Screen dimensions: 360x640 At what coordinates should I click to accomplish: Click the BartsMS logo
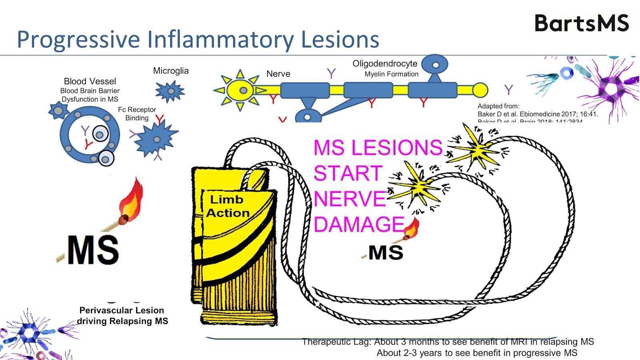(x=582, y=23)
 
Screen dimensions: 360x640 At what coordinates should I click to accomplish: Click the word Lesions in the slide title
(x=340, y=40)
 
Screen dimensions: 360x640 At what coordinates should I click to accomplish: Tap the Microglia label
(x=171, y=71)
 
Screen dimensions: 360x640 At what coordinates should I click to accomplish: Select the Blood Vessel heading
(x=90, y=81)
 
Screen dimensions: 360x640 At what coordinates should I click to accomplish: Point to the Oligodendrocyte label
(x=385, y=64)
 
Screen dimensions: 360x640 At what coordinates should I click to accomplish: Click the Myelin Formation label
(x=391, y=74)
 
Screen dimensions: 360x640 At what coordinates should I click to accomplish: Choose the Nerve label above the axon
(x=278, y=74)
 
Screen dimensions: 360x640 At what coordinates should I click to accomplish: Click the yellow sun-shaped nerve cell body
(x=240, y=90)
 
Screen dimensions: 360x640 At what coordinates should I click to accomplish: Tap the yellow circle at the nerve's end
(x=480, y=90)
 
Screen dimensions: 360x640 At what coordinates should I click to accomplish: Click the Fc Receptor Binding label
(x=137, y=114)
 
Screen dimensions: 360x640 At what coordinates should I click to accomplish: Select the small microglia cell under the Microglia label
(x=170, y=91)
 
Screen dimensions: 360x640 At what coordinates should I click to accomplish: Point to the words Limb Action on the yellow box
(x=228, y=206)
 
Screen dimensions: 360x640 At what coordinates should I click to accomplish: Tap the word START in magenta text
(x=348, y=174)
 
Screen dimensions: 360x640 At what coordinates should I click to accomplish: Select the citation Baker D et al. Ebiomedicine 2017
(x=538, y=114)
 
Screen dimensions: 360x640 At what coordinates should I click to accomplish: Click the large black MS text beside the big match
(x=93, y=250)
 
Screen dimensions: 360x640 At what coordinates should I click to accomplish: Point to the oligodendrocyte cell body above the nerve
(x=435, y=64)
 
